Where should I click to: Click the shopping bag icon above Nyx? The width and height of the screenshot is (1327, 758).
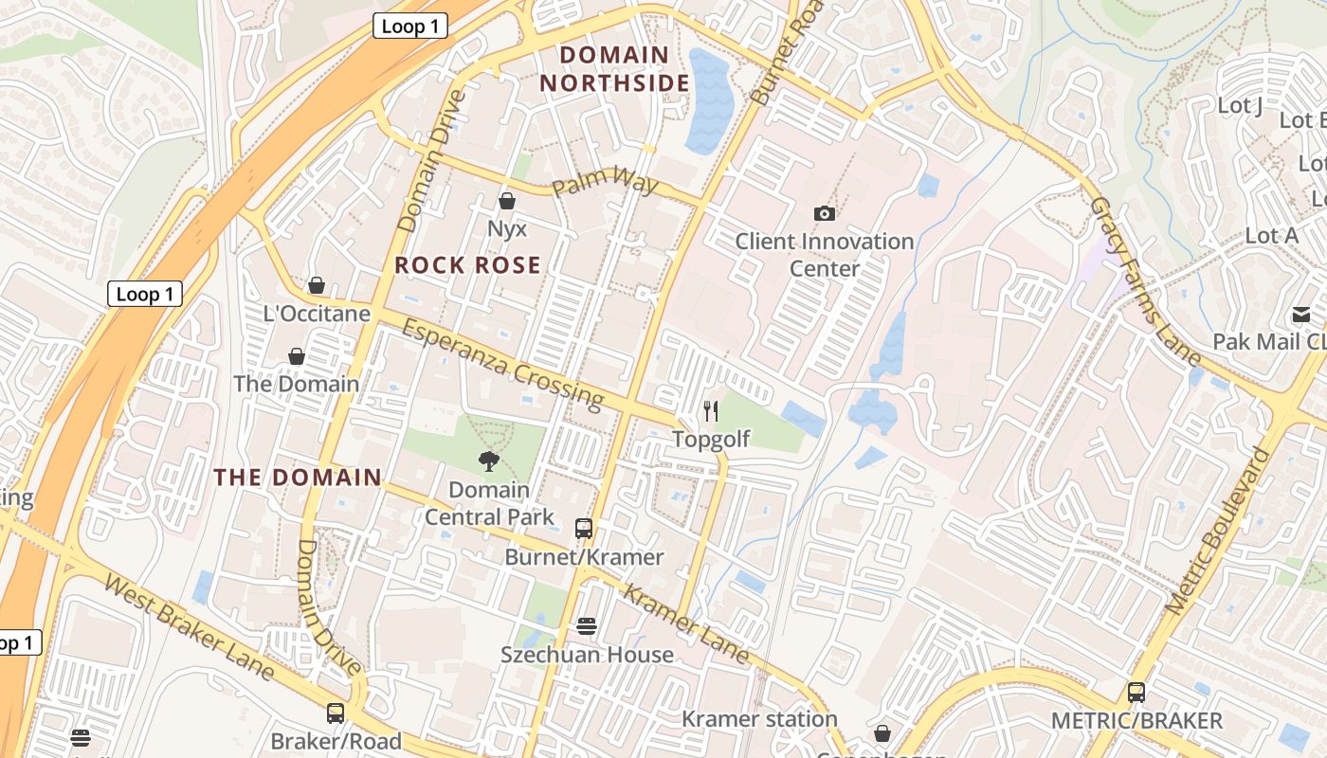coord(506,201)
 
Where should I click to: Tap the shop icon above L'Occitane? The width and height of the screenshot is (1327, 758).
coord(317,285)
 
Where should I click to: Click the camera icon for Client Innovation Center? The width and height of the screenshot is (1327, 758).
coord(825,213)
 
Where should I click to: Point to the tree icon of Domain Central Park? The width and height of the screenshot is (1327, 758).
coord(489,461)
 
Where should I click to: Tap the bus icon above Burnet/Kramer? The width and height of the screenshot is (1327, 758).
coord(584,529)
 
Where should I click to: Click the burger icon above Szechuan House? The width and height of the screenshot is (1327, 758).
coord(587,626)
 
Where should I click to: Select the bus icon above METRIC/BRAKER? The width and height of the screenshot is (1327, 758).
coord(1136,693)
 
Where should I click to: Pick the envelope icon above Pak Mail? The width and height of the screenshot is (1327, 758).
coord(1300,315)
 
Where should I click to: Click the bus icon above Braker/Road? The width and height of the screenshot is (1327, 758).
coord(336,713)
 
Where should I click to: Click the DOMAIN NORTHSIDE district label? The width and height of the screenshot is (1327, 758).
coord(614,69)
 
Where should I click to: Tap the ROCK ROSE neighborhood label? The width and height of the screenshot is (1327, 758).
coord(467,265)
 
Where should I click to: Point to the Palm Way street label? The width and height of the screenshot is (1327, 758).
coord(605,180)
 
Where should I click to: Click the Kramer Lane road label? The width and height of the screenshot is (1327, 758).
coord(688,623)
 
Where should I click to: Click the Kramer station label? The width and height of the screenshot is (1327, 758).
coord(759,719)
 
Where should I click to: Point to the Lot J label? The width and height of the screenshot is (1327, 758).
coord(1240,105)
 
